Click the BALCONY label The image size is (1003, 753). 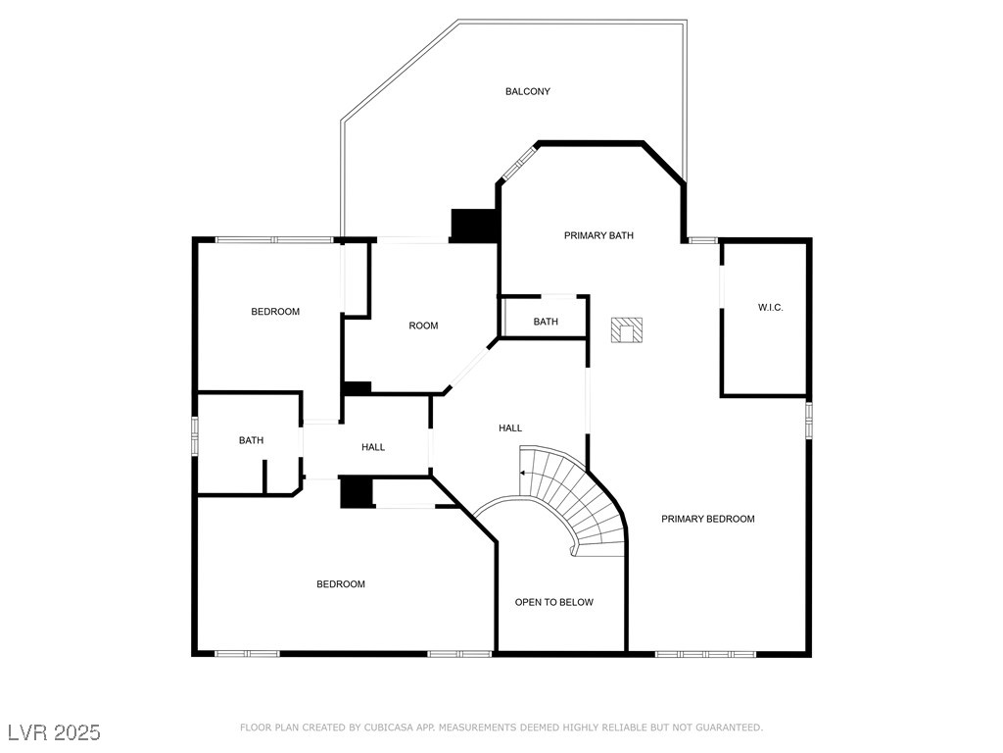(528, 91)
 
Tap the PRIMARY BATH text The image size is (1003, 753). (598, 235)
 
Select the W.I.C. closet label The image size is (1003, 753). (770, 307)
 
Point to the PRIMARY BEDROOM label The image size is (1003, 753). (708, 519)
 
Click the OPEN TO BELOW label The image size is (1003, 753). (554, 602)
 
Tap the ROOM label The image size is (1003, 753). (423, 326)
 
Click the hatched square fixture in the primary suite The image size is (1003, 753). (626, 330)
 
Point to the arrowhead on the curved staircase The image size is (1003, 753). (523, 474)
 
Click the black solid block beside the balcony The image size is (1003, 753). (474, 226)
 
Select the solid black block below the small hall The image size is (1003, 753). (357, 492)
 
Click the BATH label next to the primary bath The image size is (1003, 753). (546, 322)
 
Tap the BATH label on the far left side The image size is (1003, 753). (251, 440)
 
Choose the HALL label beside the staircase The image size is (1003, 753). (510, 427)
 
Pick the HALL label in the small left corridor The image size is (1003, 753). (373, 447)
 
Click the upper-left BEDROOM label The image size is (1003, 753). (275, 311)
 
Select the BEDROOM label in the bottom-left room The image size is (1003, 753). (341, 584)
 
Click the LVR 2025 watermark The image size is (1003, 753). (55, 731)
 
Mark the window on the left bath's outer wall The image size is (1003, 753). (195, 436)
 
